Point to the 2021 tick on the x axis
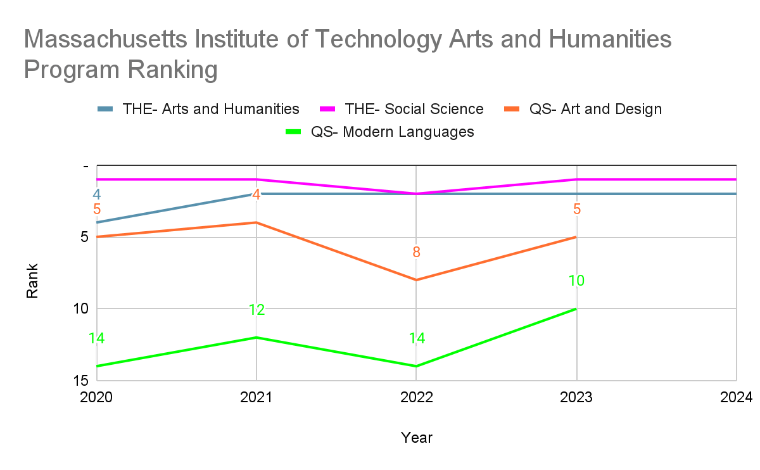point(256,397)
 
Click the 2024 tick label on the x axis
point(736,397)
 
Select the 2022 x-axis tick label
point(416,397)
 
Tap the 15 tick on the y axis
point(80,381)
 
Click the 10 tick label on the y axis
point(80,308)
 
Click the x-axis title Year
point(416,437)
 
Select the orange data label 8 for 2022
point(416,252)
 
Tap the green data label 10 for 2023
point(576,281)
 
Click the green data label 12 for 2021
point(256,310)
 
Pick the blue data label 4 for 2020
point(97,194)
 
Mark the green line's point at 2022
point(416,366)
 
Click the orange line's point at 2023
point(576,237)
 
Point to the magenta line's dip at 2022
point(416,194)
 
